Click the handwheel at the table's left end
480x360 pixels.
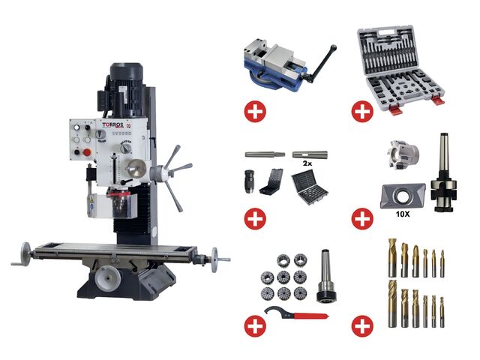click(x=25, y=255)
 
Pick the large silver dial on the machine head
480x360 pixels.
click(x=135, y=166)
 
